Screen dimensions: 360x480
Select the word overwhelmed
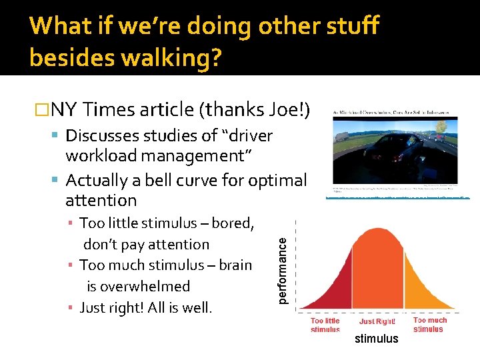click(138, 286)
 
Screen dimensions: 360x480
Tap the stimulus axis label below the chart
click(376, 339)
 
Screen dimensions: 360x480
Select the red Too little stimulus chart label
click(325, 325)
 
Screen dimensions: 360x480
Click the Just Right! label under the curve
click(377, 321)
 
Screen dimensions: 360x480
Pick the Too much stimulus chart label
click(430, 325)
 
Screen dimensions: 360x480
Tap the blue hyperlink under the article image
click(398, 198)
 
